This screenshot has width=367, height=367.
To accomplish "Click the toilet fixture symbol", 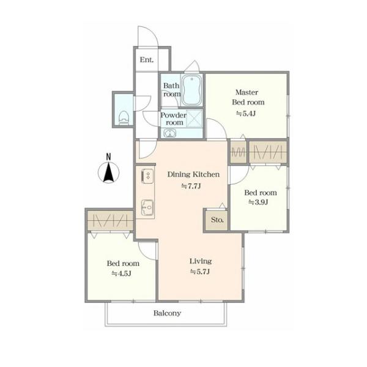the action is [x=124, y=118].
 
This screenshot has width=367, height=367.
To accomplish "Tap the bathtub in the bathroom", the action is [x=191, y=90].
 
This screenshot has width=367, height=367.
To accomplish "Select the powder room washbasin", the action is [x=169, y=133].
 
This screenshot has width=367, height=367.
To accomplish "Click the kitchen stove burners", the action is [x=147, y=176].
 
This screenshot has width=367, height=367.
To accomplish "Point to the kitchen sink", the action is [x=148, y=207].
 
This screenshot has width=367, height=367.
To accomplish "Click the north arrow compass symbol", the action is [x=108, y=172].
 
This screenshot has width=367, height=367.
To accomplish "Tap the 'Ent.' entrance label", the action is [x=147, y=60].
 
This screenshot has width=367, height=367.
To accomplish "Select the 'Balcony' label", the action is [x=167, y=313].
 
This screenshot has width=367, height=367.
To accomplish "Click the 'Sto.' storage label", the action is [x=217, y=220].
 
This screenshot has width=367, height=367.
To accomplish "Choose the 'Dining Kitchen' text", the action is [x=193, y=174].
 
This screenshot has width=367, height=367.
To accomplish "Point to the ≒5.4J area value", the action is [x=245, y=114].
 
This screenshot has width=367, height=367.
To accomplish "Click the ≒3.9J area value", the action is [x=258, y=202].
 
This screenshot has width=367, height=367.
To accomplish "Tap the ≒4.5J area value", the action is [x=121, y=273].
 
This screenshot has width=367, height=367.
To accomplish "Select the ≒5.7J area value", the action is [x=199, y=272].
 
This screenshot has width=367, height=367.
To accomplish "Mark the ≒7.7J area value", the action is [x=191, y=187].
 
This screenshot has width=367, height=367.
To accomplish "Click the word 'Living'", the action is [x=201, y=261].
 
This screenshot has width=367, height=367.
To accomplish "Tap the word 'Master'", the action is [x=247, y=92].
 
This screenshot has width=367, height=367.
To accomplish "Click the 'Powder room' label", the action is [x=174, y=119].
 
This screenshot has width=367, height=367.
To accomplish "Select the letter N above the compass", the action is [x=108, y=157].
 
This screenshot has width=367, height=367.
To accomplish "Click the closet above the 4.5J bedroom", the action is [x=110, y=220].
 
